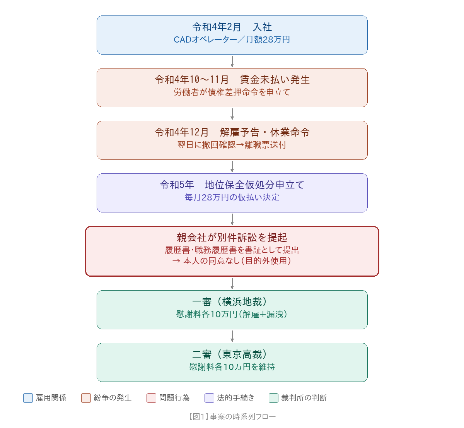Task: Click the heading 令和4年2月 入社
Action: click(232, 27)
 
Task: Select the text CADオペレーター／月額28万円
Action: click(232, 39)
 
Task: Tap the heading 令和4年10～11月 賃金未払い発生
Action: click(232, 80)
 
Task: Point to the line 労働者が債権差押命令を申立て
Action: click(232, 92)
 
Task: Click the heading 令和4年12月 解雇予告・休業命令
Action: click(232, 132)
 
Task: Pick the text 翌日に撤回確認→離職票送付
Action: click(232, 145)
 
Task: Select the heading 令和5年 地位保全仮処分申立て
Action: click(232, 185)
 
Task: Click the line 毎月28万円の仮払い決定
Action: click(232, 197)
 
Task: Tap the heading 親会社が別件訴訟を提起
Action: click(232, 237)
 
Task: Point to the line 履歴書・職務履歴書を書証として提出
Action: click(232, 250)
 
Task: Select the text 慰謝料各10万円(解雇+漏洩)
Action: click(232, 314)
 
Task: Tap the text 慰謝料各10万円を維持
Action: click(232, 367)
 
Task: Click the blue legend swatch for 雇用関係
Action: click(28, 398)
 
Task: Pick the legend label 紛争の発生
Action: click(113, 398)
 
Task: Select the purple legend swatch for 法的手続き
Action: click(209, 398)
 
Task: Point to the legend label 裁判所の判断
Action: click(304, 398)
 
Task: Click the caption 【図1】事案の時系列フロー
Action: click(232, 417)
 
